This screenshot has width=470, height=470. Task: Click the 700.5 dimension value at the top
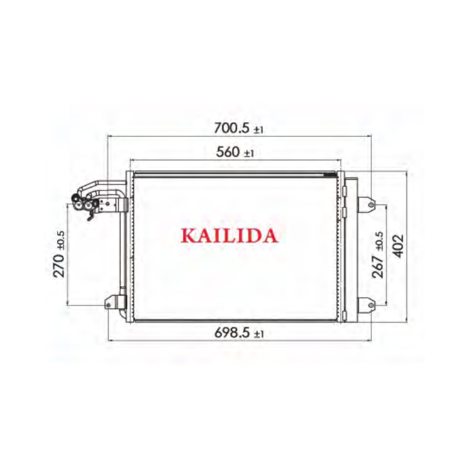[231, 128]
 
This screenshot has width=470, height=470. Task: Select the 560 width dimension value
[228, 152]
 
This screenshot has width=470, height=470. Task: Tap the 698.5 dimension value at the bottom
[232, 333]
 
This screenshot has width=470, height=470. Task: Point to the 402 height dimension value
[398, 246]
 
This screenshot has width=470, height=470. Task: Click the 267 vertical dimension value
[378, 267]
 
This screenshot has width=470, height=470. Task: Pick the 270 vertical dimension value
[59, 266]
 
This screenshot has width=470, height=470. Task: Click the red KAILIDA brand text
[229, 236]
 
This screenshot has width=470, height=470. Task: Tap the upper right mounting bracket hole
[371, 204]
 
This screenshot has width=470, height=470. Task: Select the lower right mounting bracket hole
[371, 305]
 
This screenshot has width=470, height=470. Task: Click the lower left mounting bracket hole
[108, 305]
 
